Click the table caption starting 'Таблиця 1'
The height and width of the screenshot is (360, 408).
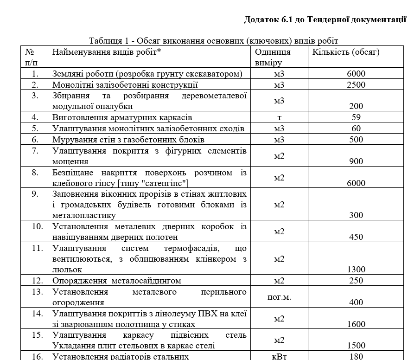coord(214,41)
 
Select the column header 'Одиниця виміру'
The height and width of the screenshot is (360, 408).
coord(273,57)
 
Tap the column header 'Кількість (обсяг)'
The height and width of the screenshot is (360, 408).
coord(346,51)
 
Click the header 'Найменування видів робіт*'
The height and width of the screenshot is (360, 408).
coord(107,51)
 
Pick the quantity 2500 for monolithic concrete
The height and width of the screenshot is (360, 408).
coord(356,84)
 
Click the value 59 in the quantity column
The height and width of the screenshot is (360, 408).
coord(356,117)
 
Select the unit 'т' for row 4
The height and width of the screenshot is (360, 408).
coord(279,117)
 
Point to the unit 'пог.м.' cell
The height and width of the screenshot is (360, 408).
coord(279,297)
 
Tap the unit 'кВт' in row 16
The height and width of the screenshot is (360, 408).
coord(279,356)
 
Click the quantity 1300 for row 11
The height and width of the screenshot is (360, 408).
coord(356,269)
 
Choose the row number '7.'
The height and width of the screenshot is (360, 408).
coord(35,151)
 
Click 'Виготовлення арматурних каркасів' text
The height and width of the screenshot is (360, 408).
coord(122,117)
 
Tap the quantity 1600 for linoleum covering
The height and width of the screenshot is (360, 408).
coord(356,324)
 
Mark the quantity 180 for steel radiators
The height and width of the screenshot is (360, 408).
coord(356,356)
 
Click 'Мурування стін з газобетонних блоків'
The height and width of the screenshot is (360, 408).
coord(128,139)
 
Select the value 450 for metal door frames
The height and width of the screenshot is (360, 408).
coord(356,237)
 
